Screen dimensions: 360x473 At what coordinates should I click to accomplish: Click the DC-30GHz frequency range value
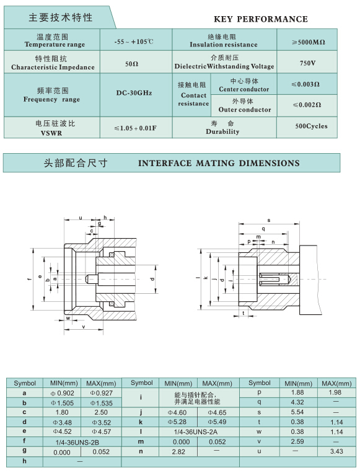pyautogui.click(x=134, y=93)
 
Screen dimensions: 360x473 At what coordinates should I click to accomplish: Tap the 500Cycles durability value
pyautogui.click(x=311, y=126)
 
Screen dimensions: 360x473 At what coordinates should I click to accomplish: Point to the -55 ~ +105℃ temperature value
pyautogui.click(x=134, y=42)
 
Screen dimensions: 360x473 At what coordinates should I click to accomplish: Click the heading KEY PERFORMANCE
pyautogui.click(x=261, y=19)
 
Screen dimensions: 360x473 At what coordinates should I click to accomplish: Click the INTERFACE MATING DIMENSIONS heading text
pyautogui.click(x=219, y=163)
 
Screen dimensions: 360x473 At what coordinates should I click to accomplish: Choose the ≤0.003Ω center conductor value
pyautogui.click(x=305, y=84)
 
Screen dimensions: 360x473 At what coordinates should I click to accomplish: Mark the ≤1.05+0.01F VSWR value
pyautogui.click(x=135, y=128)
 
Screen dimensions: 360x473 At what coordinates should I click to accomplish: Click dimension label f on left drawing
pyautogui.click(x=30, y=279)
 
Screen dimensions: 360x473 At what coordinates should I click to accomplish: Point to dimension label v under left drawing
pyautogui.click(x=84, y=327)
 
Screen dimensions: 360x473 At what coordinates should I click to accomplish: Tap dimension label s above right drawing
pyautogui.click(x=269, y=221)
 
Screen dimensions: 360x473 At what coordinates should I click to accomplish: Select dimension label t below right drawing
pyautogui.click(x=244, y=313)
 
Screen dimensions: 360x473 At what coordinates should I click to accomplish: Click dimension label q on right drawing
pyautogui.click(x=263, y=229)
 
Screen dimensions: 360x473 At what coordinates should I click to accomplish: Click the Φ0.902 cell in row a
pyautogui.click(x=62, y=393)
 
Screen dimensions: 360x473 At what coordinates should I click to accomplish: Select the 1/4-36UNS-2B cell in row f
pyautogui.click(x=77, y=443)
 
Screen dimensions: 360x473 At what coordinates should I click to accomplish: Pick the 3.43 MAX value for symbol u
pyautogui.click(x=336, y=451)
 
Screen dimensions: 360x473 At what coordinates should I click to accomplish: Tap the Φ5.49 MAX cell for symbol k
pyautogui.click(x=217, y=422)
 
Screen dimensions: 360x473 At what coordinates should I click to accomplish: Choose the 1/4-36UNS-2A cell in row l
pyautogui.click(x=195, y=432)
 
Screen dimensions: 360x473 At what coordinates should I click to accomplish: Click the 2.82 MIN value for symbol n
pyautogui.click(x=178, y=451)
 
